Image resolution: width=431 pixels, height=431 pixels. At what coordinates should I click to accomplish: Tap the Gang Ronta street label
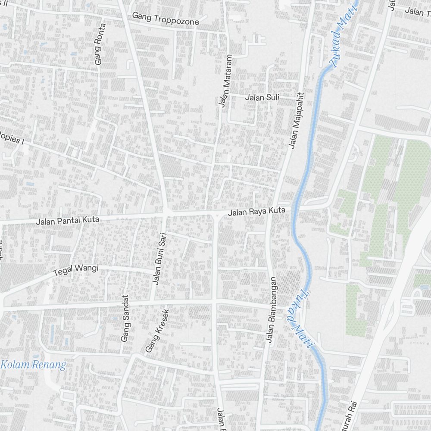100,44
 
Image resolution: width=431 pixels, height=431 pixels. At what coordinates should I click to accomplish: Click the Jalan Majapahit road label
297,121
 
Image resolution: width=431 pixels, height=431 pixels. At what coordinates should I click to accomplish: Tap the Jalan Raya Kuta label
257,212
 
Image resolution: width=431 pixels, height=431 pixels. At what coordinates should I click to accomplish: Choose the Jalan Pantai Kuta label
68,221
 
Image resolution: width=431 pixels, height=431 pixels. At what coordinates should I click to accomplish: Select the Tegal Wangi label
75,270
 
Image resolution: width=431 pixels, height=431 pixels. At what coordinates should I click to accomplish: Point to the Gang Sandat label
125,318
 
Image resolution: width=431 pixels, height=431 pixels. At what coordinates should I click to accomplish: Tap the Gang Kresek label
156,331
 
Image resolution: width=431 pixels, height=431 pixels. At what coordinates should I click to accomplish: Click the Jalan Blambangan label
272,312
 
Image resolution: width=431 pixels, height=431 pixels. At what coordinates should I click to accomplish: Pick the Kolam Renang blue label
34,365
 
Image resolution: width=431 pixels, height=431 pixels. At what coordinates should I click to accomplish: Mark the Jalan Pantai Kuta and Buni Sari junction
166,212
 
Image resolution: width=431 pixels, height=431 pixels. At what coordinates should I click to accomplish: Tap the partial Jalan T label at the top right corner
418,12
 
